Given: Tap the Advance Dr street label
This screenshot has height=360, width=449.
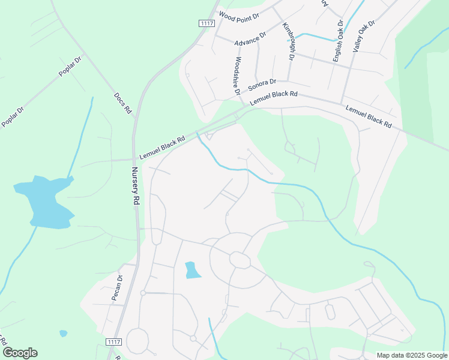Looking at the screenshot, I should click(250, 40).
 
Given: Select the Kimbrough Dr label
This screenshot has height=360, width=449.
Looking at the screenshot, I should click(288, 42).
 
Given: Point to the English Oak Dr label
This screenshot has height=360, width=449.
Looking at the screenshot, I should click(339, 41).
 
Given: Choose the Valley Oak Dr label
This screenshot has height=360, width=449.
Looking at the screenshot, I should click(364, 35).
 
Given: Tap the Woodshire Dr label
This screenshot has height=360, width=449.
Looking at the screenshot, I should click(237, 76).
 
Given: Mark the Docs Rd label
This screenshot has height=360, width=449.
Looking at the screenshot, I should click(122, 104).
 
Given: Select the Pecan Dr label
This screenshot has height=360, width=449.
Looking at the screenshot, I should click(116, 287).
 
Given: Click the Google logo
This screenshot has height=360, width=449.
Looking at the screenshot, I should click(20, 352).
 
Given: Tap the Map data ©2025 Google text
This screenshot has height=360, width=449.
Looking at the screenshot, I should click(412, 355).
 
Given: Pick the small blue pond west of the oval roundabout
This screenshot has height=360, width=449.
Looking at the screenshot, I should click(191, 270).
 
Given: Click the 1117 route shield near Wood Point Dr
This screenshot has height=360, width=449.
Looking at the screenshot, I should click(206, 23).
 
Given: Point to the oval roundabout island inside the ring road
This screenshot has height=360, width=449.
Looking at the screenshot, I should click(240, 260).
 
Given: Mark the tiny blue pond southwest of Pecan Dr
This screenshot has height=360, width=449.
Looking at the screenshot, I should click(63, 333).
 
